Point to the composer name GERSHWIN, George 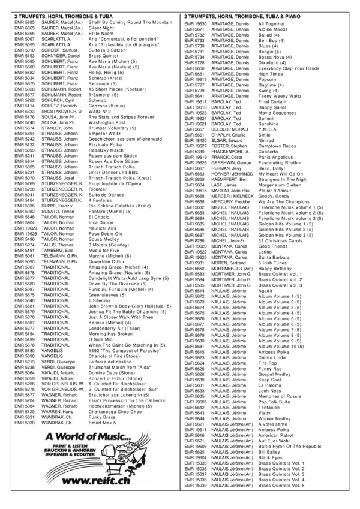pyautogui.click(x=230, y=162)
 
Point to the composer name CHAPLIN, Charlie pyautogui.click(x=228, y=135)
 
